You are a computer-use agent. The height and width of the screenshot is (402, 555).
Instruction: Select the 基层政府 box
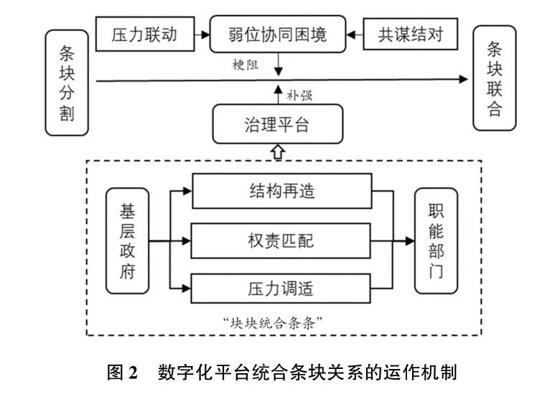[129, 241]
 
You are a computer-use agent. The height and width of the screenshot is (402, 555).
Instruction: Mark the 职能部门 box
[434, 240]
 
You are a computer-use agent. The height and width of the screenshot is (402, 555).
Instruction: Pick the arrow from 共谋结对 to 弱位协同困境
[354, 34]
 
